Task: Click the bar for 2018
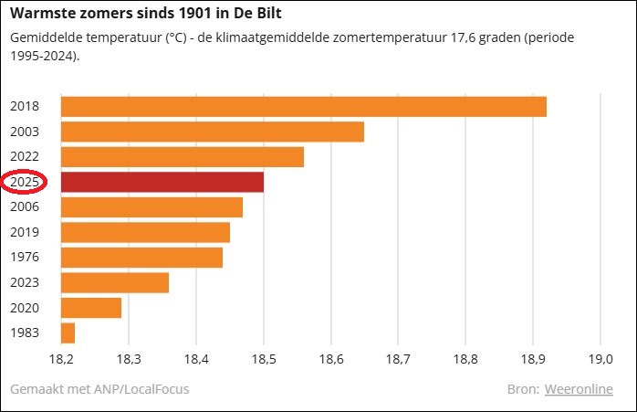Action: [x=303, y=106]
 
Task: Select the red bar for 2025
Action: [x=162, y=181]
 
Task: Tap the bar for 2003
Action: [x=212, y=131]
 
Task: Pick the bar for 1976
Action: [x=141, y=257]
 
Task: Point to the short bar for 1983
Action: [x=68, y=333]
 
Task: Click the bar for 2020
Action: [x=91, y=307]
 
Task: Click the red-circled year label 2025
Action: [x=25, y=182]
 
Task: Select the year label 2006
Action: [x=25, y=207]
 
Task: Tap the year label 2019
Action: [x=25, y=232]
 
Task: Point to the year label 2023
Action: [x=25, y=282]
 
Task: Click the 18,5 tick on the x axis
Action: [x=263, y=359]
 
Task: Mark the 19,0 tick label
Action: [x=600, y=359]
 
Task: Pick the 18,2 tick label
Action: [x=61, y=359]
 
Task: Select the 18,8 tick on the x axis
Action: [x=465, y=359]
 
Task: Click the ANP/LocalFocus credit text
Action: [x=131, y=389]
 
